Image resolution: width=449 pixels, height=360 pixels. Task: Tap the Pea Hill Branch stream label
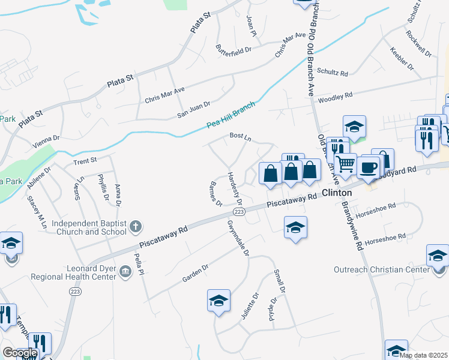click(x=231, y=114)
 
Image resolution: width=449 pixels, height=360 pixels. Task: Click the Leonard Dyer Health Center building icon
click(x=125, y=272)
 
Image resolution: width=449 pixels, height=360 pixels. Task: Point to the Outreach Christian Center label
click(x=381, y=270)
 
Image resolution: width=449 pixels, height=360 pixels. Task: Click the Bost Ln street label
click(x=240, y=136)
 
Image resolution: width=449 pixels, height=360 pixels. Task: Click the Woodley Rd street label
click(x=335, y=98)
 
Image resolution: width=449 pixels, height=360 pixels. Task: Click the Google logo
click(x=20, y=353)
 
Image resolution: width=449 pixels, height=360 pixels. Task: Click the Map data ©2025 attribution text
click(x=424, y=355)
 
